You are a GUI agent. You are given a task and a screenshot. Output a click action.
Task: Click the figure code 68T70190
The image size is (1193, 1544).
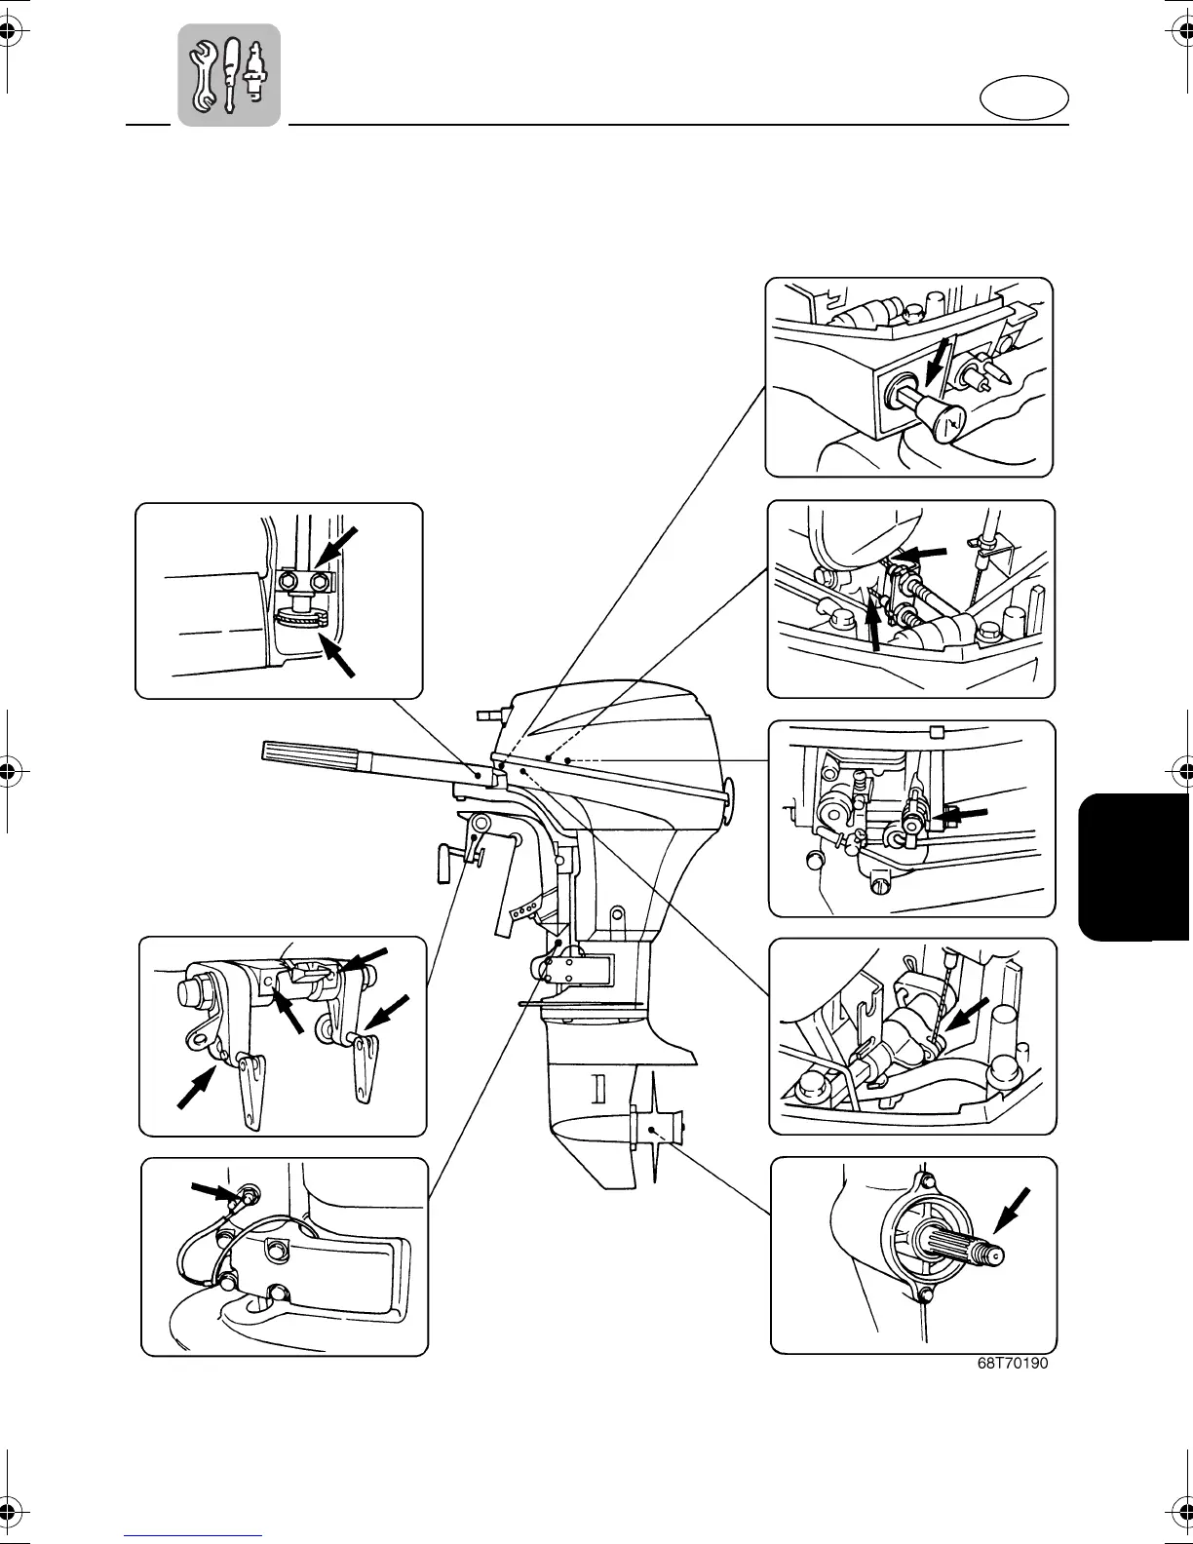(1013, 1364)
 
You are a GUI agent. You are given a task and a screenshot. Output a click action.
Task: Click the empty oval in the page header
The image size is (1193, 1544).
(1022, 99)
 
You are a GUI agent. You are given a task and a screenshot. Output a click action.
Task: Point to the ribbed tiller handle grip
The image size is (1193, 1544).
(311, 753)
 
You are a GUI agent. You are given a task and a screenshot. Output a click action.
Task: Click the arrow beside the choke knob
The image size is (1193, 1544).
(939, 367)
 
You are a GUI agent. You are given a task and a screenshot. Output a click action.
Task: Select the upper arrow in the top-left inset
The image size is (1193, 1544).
(337, 545)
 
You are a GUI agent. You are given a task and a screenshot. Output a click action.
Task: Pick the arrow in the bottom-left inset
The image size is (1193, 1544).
(214, 1190)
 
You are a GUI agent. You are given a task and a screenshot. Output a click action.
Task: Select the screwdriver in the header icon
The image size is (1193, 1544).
(231, 74)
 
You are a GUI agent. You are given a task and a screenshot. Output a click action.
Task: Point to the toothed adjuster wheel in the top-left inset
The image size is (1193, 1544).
(301, 617)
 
